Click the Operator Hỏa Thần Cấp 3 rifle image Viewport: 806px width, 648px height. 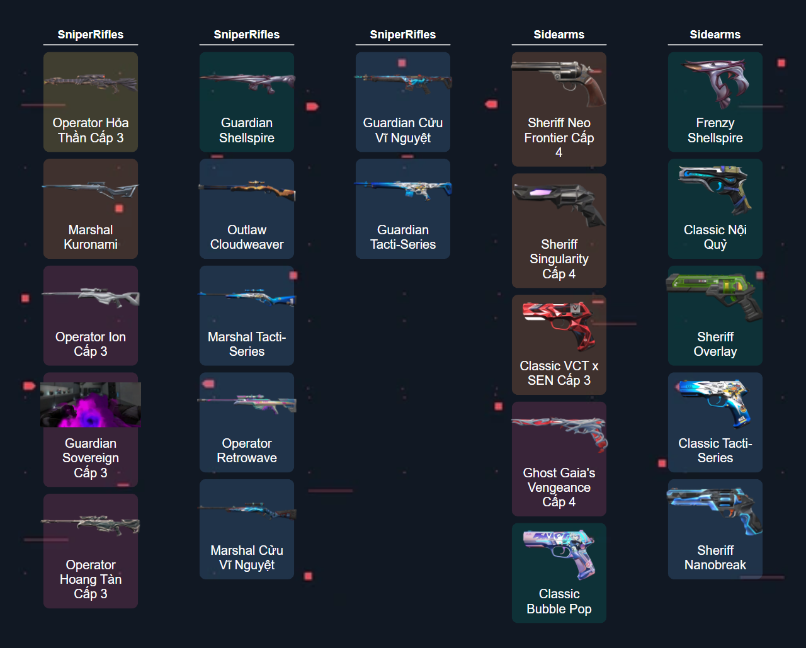(90, 82)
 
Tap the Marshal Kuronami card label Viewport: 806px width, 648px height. (91, 237)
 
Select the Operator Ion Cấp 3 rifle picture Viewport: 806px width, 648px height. (91, 295)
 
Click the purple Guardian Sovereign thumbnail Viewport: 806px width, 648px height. (91, 405)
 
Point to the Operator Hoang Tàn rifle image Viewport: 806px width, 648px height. (91, 523)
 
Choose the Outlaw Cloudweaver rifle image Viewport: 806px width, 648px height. (247, 189)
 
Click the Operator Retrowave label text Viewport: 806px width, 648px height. (247, 451)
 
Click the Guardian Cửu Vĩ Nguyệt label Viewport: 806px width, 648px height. (403, 130)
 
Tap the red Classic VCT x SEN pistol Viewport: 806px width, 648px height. (559, 324)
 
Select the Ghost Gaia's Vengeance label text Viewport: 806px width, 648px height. (559, 487)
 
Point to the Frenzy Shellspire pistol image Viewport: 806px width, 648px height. (715, 82)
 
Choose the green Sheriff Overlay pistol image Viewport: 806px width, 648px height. (715, 295)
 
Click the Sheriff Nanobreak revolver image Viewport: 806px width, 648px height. (715, 511)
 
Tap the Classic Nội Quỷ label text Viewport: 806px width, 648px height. (715, 237)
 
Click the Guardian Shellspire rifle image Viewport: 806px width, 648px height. (247, 82)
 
